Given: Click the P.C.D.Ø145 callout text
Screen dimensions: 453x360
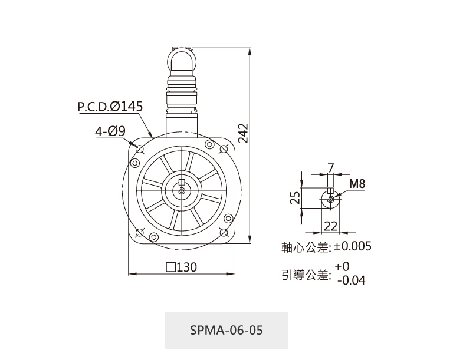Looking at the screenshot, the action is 110,107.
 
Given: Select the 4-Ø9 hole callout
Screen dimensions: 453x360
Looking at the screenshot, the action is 110,131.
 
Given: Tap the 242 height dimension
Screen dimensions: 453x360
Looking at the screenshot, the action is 243,133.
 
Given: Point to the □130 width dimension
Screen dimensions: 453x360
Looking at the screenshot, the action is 182,267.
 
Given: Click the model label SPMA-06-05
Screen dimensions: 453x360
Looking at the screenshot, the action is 226,330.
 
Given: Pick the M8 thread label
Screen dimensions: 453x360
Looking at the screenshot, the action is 357,184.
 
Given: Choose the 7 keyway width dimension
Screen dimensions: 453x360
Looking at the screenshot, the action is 331,168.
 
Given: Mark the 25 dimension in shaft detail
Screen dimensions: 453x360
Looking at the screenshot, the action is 295,198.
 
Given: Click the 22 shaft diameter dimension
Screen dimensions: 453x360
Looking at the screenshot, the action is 330,227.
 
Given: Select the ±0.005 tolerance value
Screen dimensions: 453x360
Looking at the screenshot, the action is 353,246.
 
